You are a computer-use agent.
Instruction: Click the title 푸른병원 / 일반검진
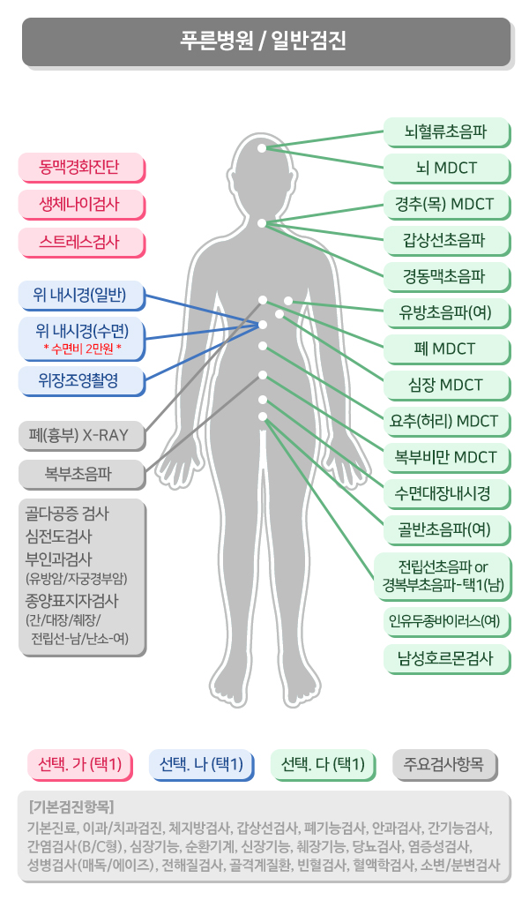pos(264,41)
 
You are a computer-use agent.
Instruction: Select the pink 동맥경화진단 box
pos(81,167)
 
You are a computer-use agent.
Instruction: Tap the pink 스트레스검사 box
pos(81,242)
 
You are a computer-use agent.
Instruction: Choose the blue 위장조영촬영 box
pos(81,380)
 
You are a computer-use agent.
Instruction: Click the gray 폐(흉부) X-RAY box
pos(81,436)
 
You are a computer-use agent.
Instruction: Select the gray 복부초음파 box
pos(81,474)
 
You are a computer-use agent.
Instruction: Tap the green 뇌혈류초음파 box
pos(446,132)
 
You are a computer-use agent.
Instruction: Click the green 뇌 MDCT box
pos(446,169)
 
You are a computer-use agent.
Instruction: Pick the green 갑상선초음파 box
pos(446,241)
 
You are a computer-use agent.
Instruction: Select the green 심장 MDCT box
pos(446,385)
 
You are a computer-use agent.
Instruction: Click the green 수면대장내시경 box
pos(446,493)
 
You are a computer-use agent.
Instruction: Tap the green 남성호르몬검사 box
pos(446,658)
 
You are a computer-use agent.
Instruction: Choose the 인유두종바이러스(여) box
pos(446,622)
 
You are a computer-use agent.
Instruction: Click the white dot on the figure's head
pos(262,148)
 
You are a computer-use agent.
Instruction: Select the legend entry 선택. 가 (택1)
pos(80,764)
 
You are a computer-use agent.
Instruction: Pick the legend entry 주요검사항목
pos(444,764)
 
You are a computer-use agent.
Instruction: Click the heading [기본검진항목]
pos(71,807)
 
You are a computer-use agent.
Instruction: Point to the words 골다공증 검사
pos(67,514)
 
